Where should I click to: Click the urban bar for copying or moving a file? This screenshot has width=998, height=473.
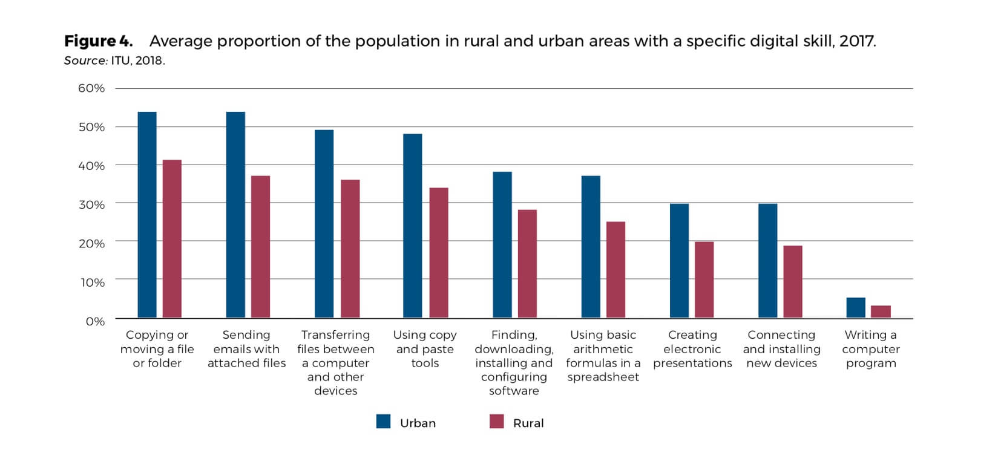[x=147, y=215]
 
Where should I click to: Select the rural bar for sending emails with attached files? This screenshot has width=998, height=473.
[x=261, y=247]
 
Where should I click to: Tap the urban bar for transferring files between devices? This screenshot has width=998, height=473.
[x=324, y=224]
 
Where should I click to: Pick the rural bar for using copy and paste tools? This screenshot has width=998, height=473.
[x=439, y=253]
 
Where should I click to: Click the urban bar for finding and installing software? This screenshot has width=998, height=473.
[x=502, y=245]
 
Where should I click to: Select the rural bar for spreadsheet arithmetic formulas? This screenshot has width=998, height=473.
[x=616, y=270]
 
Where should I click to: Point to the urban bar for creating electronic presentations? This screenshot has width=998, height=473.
[x=679, y=261]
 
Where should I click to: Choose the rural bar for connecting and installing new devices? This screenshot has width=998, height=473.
[x=793, y=282]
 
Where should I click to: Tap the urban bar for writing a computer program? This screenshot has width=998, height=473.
[x=856, y=308]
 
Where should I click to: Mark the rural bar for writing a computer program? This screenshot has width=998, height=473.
[x=881, y=312]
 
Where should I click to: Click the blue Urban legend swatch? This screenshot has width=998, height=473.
[x=383, y=422]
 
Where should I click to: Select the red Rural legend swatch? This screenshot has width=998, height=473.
[x=496, y=422]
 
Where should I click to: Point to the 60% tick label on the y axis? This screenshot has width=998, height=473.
[x=91, y=88]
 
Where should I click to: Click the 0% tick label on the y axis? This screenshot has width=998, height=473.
[x=95, y=321]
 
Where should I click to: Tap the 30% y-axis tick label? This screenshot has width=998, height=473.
[x=91, y=204]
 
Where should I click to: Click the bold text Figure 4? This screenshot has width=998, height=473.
[x=98, y=41]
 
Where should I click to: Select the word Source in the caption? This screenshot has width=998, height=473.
[x=85, y=61]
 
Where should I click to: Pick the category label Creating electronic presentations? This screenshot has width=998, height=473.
[x=692, y=349]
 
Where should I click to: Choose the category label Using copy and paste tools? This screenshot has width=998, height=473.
[x=425, y=349]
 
